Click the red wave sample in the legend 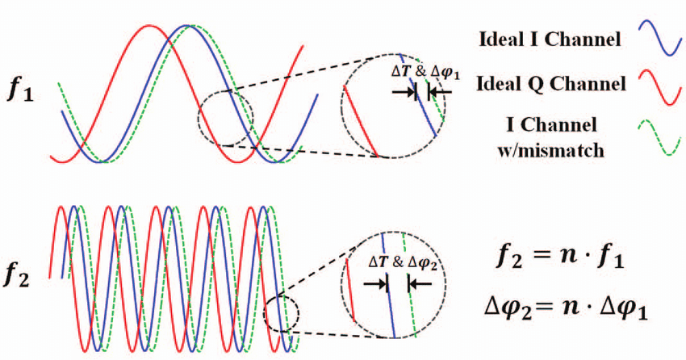tap(659, 86)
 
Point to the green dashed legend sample tap(659, 138)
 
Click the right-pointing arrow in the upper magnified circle tap(402, 93)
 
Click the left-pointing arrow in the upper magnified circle tap(441, 93)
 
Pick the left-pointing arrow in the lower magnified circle tap(420, 284)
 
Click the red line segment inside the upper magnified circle tap(360, 120)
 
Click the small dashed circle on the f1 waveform tap(225, 119)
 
